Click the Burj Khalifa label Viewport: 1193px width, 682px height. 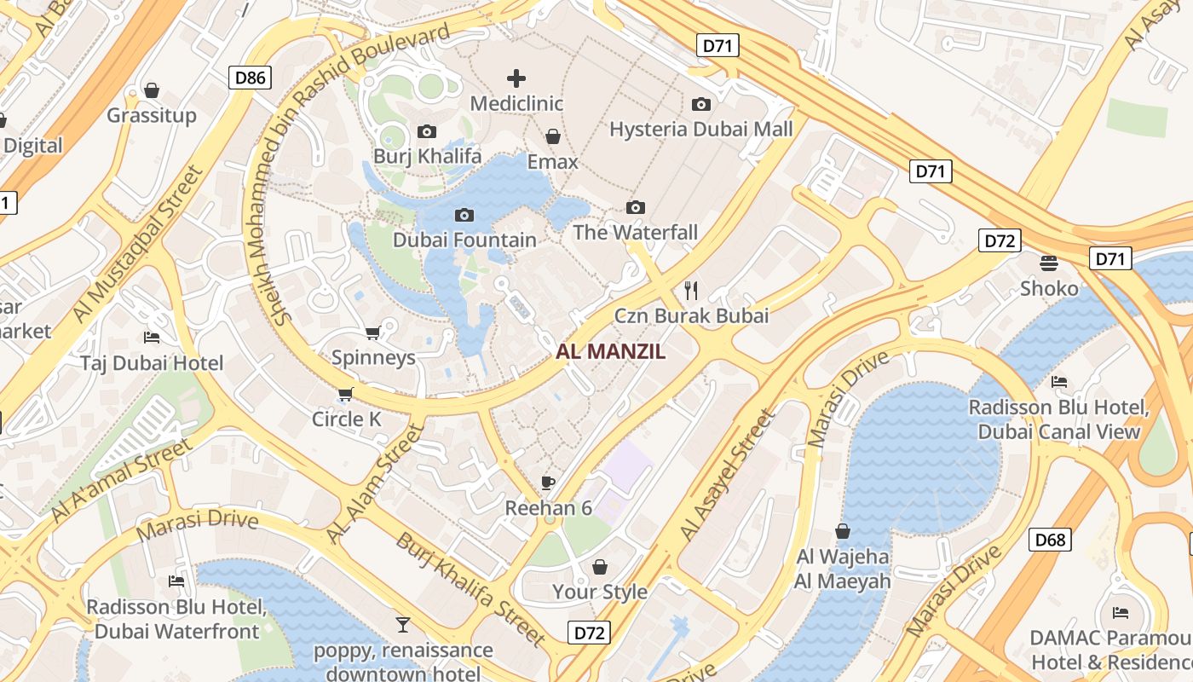tap(427, 156)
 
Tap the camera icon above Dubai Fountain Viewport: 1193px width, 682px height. tap(464, 215)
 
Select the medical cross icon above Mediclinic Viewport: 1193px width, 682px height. tap(516, 78)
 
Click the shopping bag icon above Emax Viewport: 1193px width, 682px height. tap(553, 136)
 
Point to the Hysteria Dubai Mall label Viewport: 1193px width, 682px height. tap(700, 130)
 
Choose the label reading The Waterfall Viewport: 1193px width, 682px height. tap(635, 232)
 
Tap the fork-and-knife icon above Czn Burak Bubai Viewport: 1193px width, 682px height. tap(691, 291)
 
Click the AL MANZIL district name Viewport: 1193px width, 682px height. tap(610, 351)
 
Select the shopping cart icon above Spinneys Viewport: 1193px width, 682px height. tap(372, 332)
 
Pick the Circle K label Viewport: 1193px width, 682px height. tap(346, 419)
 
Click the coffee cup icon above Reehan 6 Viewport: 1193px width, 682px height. tap(548, 483)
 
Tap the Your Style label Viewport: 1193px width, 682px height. tap(600, 592)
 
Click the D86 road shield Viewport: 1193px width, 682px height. tap(250, 78)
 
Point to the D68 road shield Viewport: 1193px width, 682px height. tap(1050, 540)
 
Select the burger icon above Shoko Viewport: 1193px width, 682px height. tap(1049, 263)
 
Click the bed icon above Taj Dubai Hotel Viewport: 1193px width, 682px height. tap(152, 338)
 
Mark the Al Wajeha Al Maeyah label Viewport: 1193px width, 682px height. tap(843, 569)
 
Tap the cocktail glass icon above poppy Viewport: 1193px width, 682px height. tap(403, 625)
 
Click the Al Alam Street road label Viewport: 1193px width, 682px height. tap(375, 483)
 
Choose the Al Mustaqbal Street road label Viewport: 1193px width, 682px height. tap(136, 245)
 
